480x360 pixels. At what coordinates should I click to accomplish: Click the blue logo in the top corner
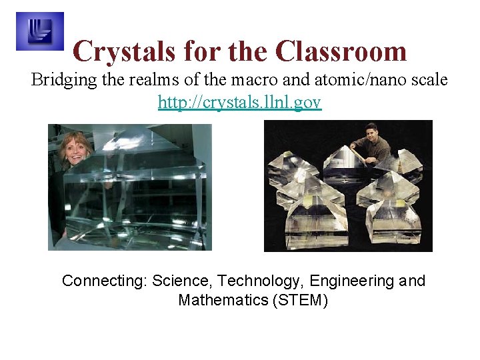39,31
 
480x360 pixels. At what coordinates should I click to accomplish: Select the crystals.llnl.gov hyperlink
240,102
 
